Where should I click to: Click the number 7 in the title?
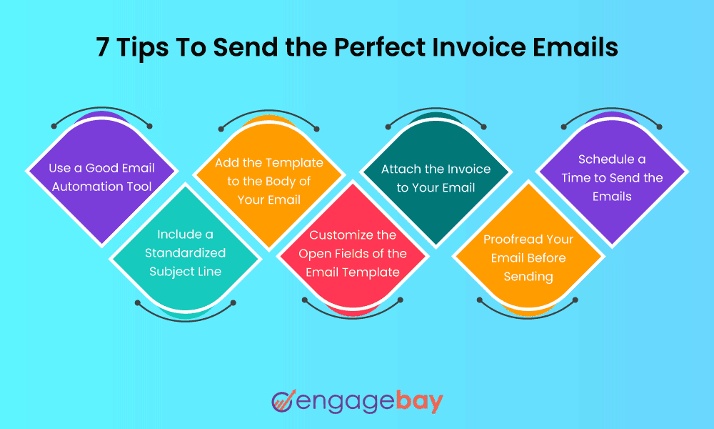tap(102, 47)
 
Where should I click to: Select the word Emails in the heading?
tap(575, 46)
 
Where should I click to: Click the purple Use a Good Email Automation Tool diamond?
tap(102, 178)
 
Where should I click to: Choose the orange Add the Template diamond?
tap(269, 181)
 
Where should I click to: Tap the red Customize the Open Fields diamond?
tap(353, 253)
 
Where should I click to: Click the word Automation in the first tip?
tap(82, 187)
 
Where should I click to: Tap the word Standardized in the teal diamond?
tap(186, 253)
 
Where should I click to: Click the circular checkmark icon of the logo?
tap(283, 400)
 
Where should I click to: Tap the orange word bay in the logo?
tap(419, 402)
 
